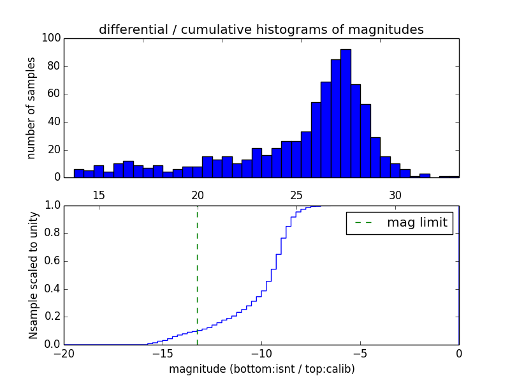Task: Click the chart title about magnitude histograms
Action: point(261,30)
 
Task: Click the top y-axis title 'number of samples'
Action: point(31,108)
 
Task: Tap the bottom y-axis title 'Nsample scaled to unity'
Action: point(33,274)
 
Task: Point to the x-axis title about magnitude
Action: point(261,369)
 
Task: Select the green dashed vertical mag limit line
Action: point(197,274)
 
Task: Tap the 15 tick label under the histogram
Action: point(99,195)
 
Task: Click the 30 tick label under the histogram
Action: point(395,195)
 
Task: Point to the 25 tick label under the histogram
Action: point(296,195)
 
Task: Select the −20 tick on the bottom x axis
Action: point(64,353)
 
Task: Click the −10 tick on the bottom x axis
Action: point(261,353)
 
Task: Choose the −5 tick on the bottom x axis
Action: point(360,353)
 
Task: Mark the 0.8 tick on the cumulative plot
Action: point(53,234)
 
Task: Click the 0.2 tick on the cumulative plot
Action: point(53,317)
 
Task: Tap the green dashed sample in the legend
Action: point(363,223)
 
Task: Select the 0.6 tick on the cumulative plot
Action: point(53,262)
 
